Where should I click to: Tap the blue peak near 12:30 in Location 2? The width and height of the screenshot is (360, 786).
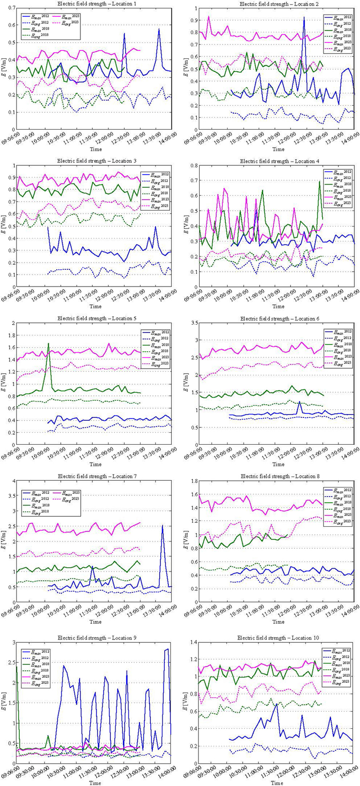pos(304,18)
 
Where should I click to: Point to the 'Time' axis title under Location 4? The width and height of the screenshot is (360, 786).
pos(278,307)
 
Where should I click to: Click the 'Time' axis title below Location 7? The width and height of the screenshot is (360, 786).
pos(95,622)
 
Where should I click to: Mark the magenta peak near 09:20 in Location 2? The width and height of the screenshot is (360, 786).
pos(208,16)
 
